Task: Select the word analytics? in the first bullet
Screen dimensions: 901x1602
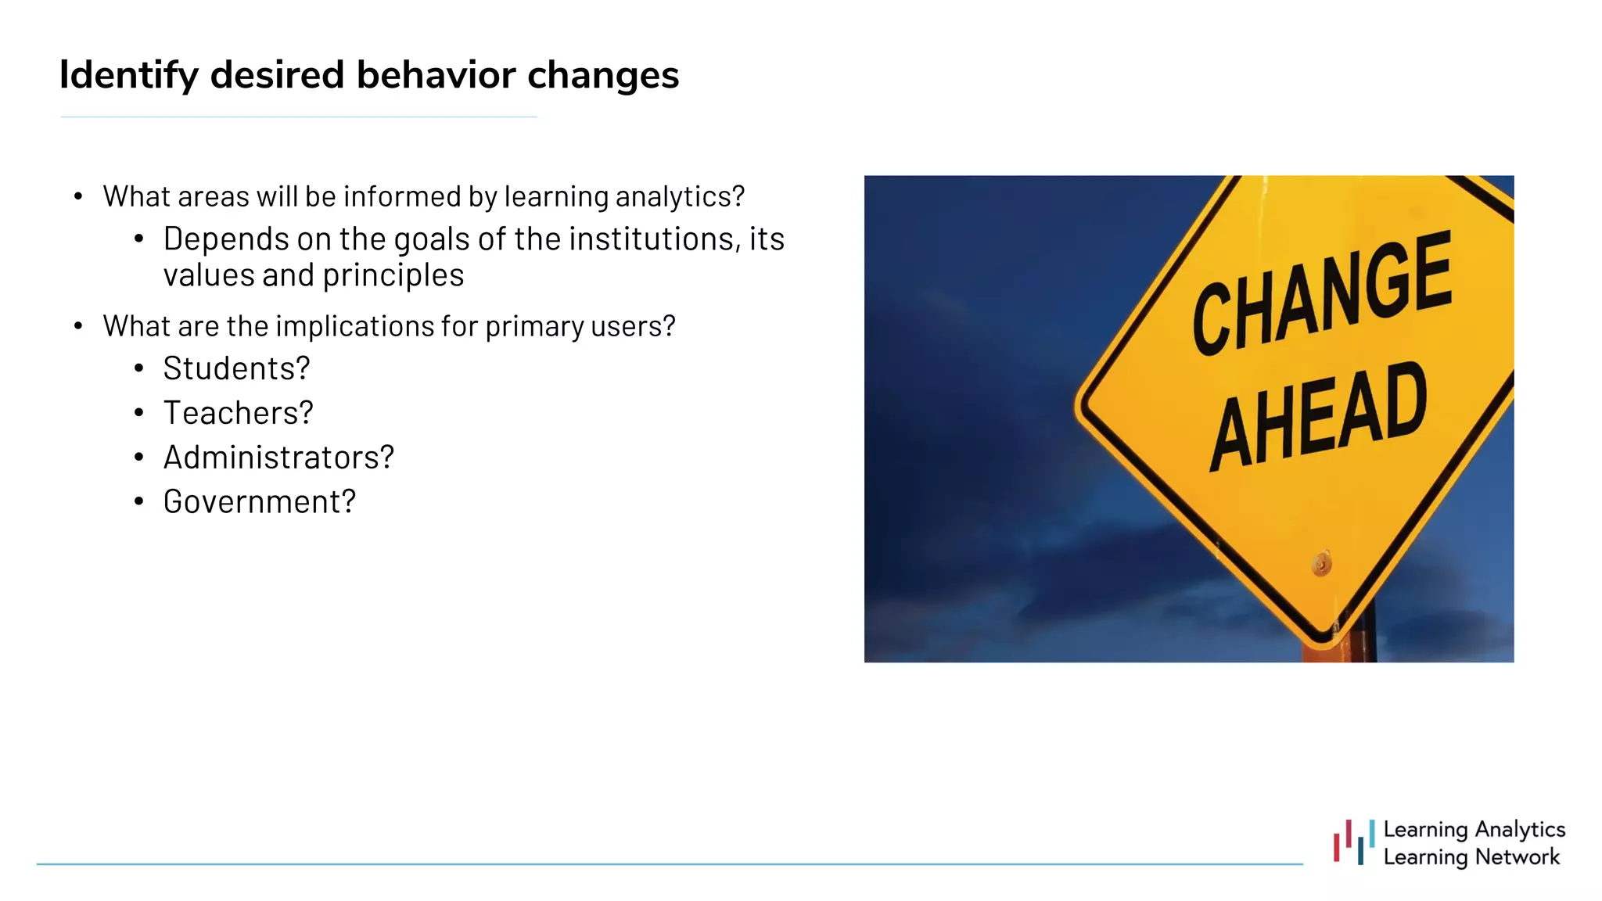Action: (x=680, y=197)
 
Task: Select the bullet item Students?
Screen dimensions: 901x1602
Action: (x=236, y=368)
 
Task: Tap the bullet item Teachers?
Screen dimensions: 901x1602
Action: (x=238, y=413)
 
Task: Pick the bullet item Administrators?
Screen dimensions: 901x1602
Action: (x=278, y=458)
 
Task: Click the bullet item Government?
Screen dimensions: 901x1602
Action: (x=259, y=502)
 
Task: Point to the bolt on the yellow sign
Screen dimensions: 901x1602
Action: (x=1321, y=563)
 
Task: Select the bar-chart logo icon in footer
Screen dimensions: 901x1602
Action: (x=1354, y=842)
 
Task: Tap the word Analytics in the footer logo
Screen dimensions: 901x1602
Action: (x=1519, y=829)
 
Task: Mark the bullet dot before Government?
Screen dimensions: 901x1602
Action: (x=138, y=502)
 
